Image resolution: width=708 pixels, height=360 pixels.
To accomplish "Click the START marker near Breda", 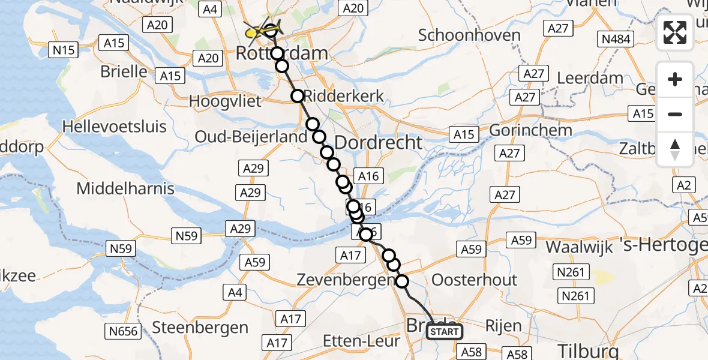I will click(445, 332).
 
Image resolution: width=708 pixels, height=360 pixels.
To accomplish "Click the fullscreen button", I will click(675, 32).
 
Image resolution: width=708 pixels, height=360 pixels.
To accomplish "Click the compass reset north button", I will click(675, 149).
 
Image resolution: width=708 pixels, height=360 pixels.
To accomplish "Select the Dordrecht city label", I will click(378, 142).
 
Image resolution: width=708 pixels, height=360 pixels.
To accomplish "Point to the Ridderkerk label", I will click(344, 96).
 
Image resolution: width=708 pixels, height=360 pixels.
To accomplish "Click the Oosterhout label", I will click(474, 280).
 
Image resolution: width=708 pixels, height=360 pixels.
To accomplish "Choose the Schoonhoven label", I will click(469, 35).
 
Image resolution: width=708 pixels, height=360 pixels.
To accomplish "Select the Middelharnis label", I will click(125, 188).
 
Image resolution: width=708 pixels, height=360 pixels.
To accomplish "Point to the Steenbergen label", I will click(200, 328).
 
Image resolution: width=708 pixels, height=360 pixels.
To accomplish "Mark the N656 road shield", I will click(122, 331).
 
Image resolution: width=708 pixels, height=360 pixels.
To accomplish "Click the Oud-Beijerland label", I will click(251, 137).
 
